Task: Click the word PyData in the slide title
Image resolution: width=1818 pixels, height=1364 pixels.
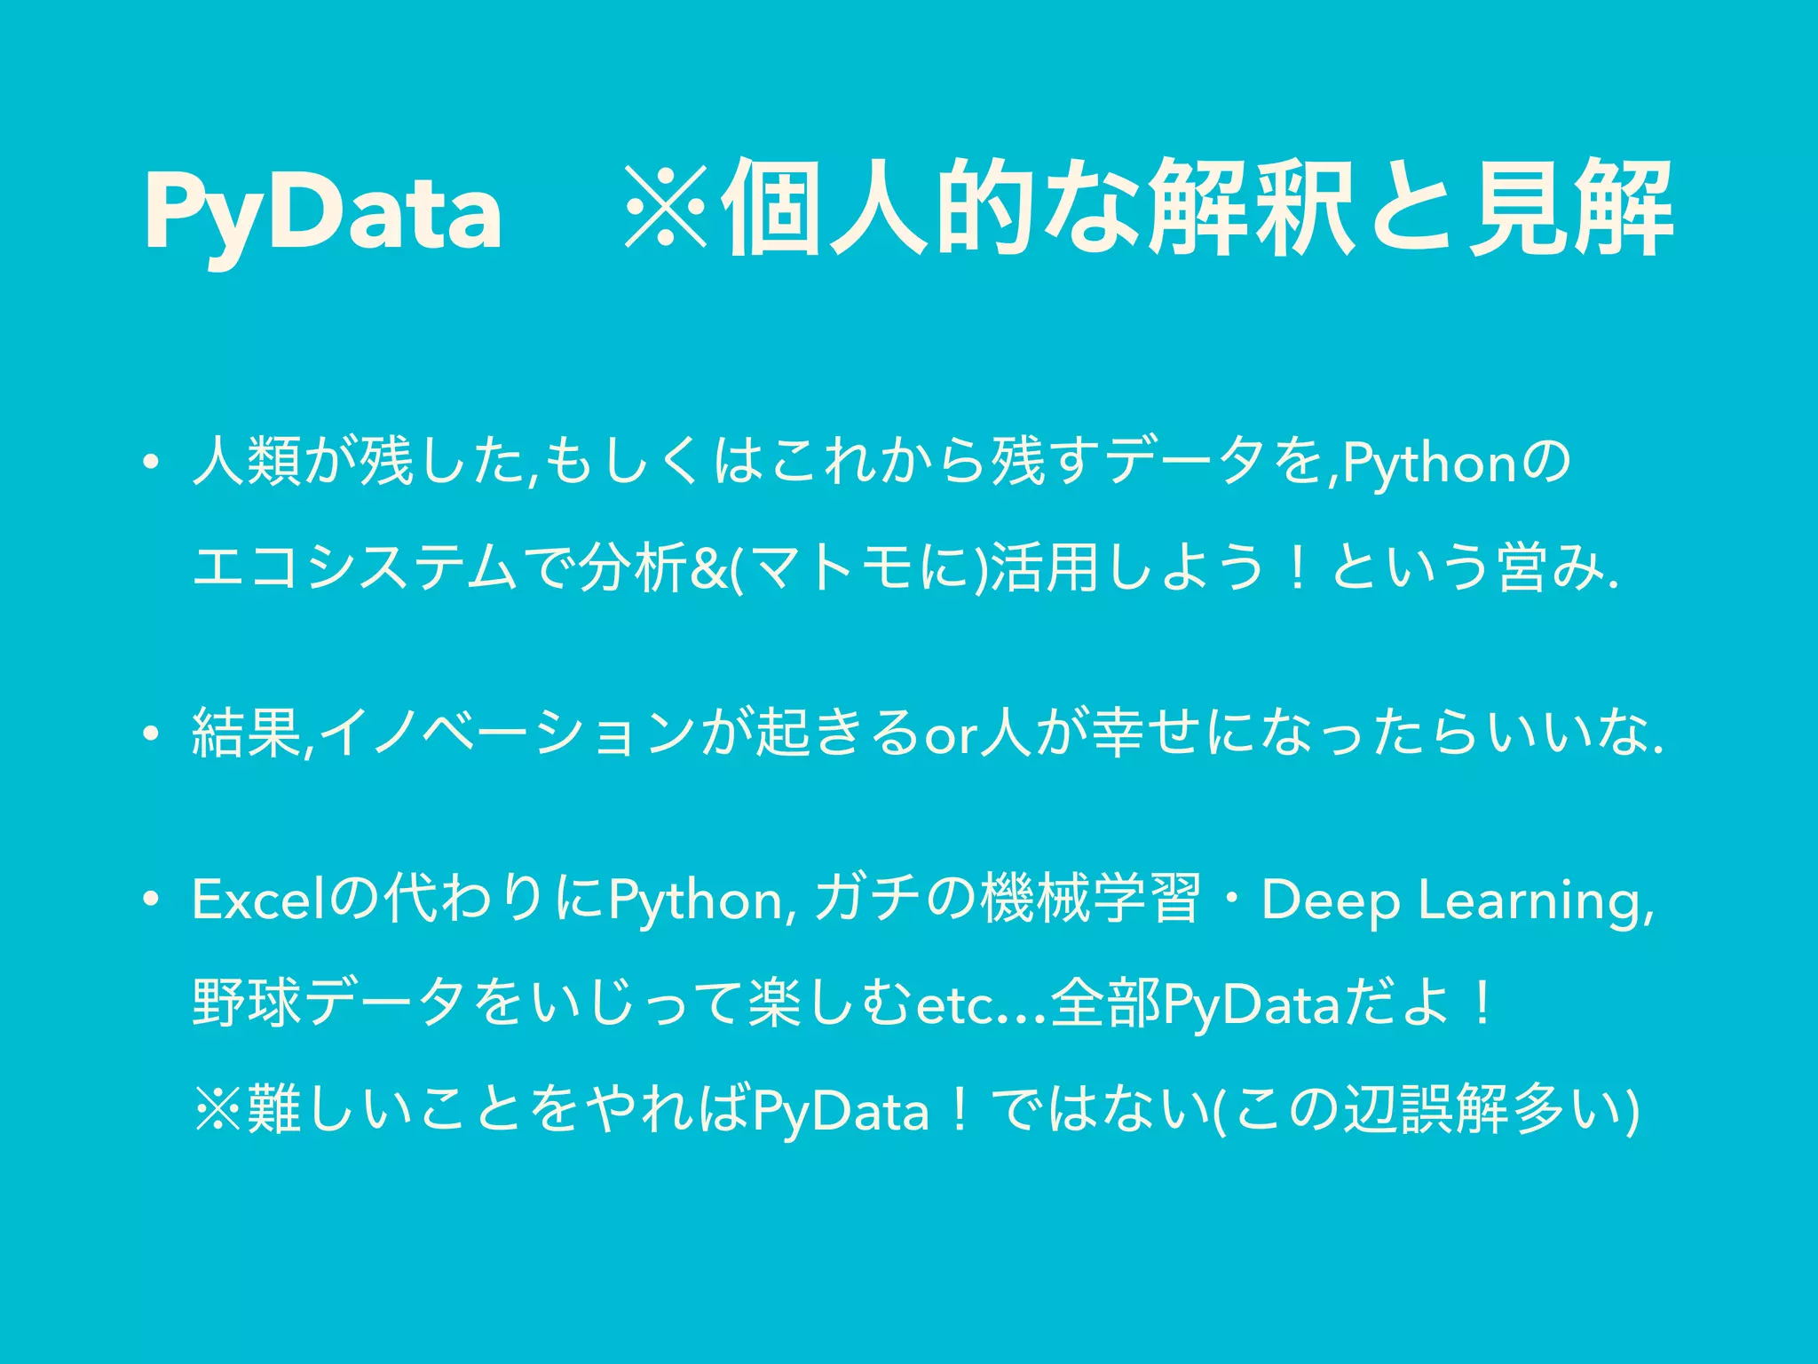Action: [323, 210]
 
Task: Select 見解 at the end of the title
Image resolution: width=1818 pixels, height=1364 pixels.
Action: [1570, 210]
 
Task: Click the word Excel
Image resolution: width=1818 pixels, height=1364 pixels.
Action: [258, 900]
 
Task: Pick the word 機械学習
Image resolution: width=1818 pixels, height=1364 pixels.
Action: [1091, 900]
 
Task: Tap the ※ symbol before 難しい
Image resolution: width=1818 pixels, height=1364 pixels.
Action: [218, 1110]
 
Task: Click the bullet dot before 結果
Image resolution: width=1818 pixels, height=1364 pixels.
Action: [153, 734]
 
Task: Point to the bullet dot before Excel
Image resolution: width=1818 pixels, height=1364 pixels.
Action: [153, 900]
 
